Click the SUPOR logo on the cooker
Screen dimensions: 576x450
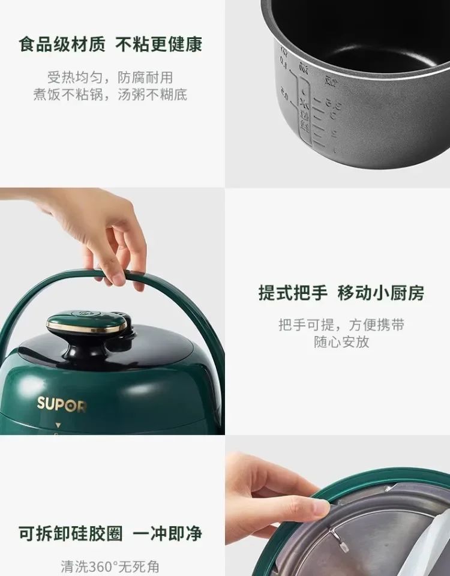click(x=61, y=404)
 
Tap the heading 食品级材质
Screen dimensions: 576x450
click(x=62, y=44)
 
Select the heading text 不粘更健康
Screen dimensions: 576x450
click(x=159, y=44)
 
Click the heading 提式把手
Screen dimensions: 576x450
click(x=293, y=293)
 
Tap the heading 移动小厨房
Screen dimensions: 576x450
click(x=381, y=293)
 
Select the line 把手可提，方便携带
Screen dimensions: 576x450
click(x=341, y=325)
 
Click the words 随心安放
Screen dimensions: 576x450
click(x=341, y=342)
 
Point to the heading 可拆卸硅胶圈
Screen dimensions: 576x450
click(x=71, y=533)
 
